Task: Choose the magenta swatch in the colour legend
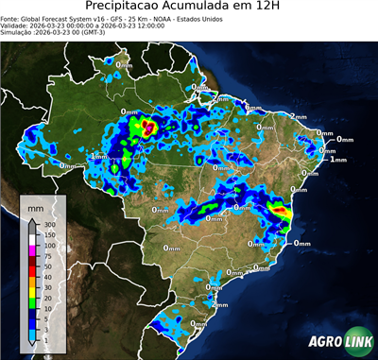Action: (32, 250)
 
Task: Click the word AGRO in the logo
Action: (321, 342)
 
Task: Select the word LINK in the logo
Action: (354, 342)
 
